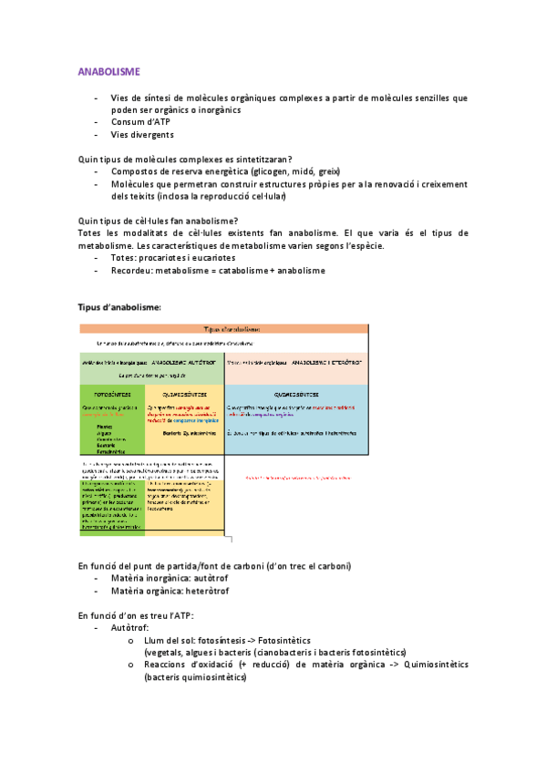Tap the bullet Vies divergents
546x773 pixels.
pos(142,135)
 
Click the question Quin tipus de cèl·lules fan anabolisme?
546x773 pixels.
pos(159,221)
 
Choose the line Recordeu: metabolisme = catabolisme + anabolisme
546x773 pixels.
pos(218,271)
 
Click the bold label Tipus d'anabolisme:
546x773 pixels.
pos(120,307)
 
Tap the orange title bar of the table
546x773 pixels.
pos(223,329)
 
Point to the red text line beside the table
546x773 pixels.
pos(299,477)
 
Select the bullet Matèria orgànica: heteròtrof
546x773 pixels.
pos(170,592)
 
